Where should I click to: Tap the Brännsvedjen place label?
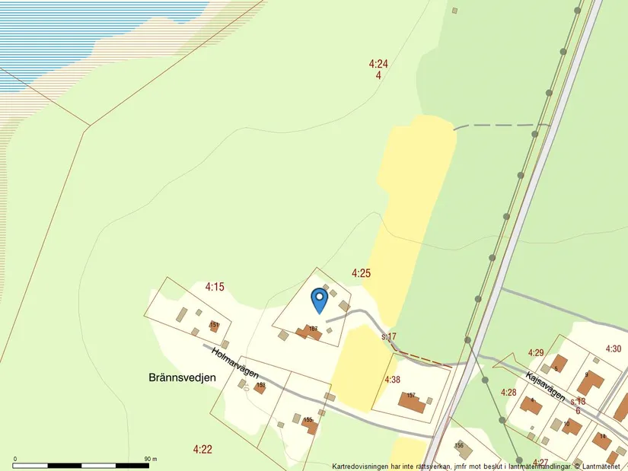pos(182,377)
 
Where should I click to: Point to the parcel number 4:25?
pos(361,272)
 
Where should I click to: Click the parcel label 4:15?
pos(215,287)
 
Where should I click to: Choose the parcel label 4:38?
pos(392,379)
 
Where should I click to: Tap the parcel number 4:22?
pos(202,450)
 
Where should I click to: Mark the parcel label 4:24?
pos(378,64)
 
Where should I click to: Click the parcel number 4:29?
pos(536,352)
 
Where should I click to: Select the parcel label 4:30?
pos(614,348)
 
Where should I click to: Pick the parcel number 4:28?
pos(508,392)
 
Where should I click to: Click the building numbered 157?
pos(414,403)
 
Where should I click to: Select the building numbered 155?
pos(309,425)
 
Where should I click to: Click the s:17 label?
pos(389,336)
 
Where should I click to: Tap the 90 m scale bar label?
pos(150,460)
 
